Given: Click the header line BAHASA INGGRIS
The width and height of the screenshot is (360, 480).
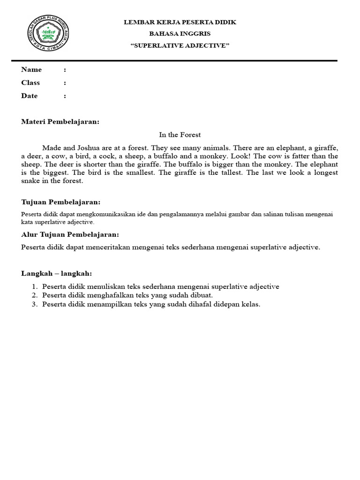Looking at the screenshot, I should pos(180,34).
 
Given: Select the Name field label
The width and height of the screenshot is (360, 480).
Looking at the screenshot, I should pos(31,70).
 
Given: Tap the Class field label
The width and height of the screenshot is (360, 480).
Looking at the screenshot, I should pos(30,83).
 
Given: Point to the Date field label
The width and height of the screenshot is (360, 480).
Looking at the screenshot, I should pos(30,96).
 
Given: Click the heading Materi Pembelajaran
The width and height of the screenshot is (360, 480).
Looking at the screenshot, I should pos(60,122).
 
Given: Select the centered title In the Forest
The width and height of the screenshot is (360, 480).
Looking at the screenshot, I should pos(180,135).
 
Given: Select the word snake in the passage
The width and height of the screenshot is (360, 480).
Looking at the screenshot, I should pos(31,181).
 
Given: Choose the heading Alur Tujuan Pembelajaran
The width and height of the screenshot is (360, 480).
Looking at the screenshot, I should pos(70,234).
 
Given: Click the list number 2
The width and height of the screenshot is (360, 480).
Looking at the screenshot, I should pos(34,295).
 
